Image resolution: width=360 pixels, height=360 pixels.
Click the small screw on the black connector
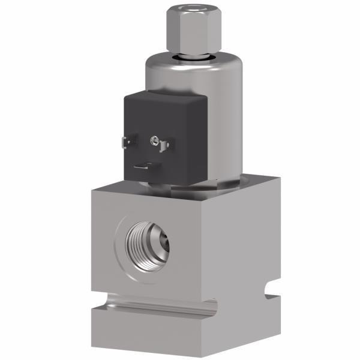click(154, 140)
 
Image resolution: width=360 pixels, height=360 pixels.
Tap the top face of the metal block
click(252, 180)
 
